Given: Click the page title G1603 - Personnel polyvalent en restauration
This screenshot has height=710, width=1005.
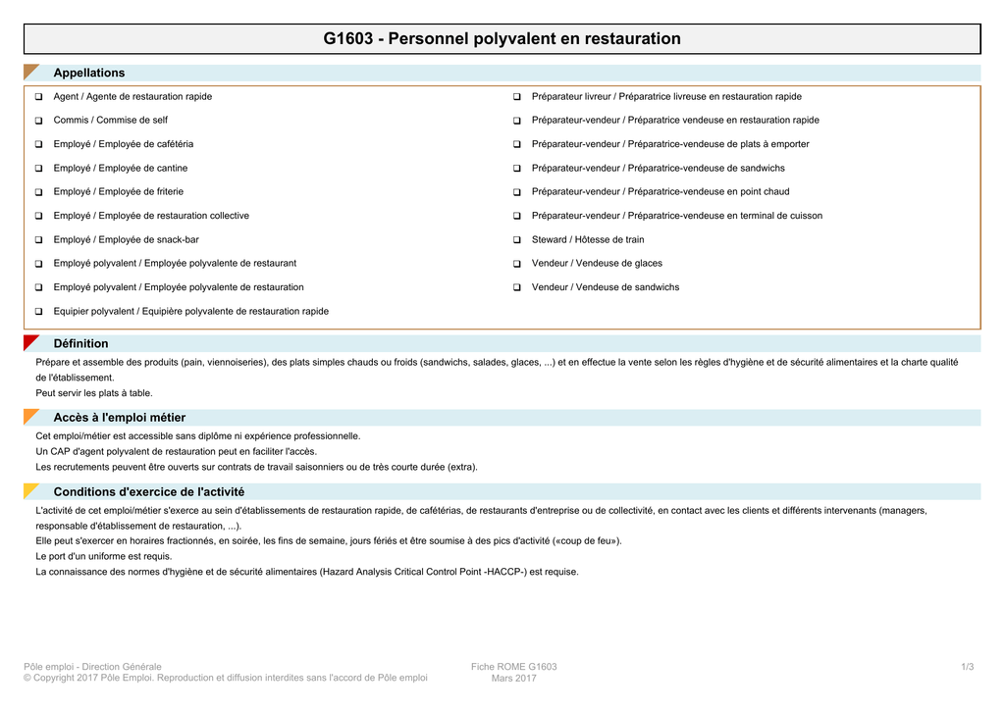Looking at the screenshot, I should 502,39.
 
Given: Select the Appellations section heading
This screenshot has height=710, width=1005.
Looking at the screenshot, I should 89,73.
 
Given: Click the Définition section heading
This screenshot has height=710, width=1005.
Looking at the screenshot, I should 80,343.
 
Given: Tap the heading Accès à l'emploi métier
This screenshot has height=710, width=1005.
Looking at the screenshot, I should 119,418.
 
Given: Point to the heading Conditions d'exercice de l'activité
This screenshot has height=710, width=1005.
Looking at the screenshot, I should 149,491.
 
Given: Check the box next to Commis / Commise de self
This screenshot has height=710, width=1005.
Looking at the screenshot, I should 38,121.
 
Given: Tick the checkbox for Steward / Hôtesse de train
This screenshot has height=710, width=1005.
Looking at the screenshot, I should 516,240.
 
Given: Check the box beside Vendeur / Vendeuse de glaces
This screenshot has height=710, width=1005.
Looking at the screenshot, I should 516,264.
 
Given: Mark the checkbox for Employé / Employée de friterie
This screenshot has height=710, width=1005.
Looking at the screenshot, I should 38,192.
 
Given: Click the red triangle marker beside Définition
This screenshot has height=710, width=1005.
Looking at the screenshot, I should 30,342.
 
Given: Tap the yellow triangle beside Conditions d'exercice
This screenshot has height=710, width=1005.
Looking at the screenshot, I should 30,490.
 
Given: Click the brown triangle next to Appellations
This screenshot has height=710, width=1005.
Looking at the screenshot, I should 30,71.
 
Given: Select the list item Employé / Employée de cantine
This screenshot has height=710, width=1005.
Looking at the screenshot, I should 121,168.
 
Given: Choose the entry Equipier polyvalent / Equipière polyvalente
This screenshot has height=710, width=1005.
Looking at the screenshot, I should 191,311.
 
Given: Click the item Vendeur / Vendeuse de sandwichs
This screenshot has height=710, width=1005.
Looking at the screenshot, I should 606,287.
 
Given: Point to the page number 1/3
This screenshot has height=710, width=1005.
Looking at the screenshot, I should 967,667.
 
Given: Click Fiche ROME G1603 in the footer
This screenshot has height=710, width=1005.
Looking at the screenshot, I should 513,667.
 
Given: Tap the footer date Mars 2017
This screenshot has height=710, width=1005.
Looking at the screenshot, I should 513,679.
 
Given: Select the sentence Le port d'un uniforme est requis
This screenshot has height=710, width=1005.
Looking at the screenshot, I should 104,556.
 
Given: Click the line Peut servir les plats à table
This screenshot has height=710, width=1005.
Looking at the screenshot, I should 94,393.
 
